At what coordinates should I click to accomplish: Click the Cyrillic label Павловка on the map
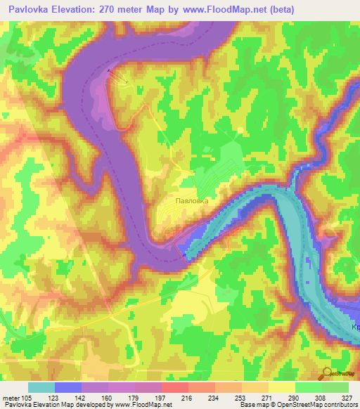coord(191,200)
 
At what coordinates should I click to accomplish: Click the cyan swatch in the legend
coord(41,387)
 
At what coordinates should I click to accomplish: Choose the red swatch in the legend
coord(174,387)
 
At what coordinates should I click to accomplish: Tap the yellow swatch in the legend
coord(281,387)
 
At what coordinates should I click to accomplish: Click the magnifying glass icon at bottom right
coord(327,374)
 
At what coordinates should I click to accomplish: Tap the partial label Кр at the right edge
coord(354,328)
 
